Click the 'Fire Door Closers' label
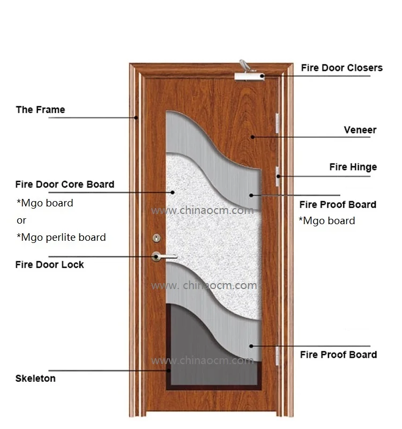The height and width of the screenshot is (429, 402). [x=341, y=68]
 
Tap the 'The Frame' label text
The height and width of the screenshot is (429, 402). [x=40, y=110]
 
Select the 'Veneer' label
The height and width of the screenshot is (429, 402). [x=360, y=130]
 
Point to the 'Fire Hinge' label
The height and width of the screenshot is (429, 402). [x=353, y=167]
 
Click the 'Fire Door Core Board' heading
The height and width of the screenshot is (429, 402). [x=64, y=184]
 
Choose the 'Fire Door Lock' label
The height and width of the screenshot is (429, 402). [x=49, y=264]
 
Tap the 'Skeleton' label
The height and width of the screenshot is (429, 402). [x=35, y=378]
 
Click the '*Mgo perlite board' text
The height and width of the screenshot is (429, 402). [x=61, y=237]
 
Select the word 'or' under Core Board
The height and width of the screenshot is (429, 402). [x=21, y=220]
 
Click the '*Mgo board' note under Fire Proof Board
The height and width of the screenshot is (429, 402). [x=327, y=221]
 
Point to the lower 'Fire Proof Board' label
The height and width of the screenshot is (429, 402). [x=338, y=354]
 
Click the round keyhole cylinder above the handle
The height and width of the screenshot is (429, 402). [x=157, y=237]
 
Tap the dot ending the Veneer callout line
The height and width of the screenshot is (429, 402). [x=252, y=137]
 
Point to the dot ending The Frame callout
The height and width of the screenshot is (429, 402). [x=137, y=117]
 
